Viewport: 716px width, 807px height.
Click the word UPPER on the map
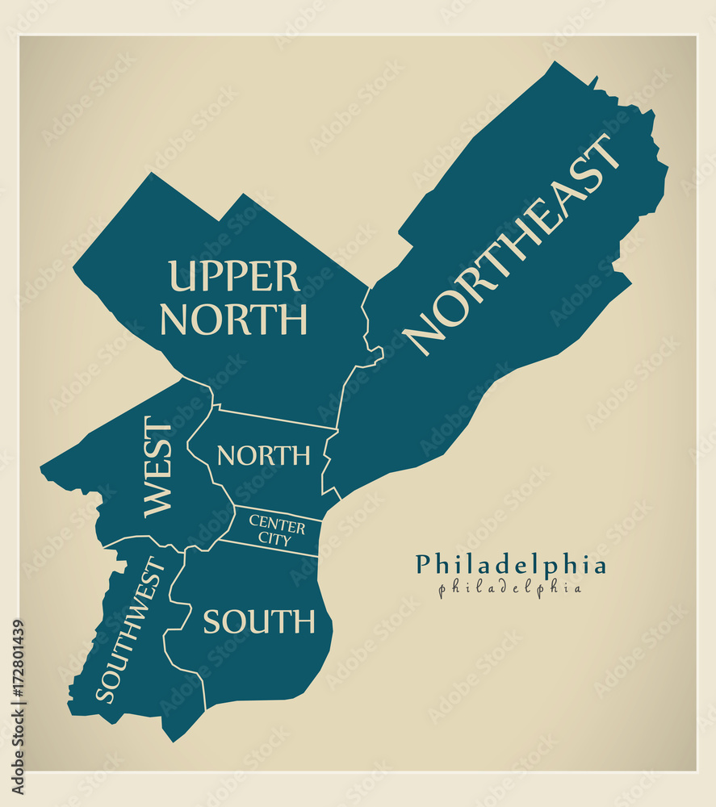click(233, 276)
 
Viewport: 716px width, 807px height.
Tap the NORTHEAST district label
click(511, 244)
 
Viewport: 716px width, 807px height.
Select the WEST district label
click(158, 467)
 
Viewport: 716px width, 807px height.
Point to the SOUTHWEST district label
click(130, 629)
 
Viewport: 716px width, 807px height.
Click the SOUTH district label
click(258, 621)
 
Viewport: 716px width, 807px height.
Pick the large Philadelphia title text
click(510, 565)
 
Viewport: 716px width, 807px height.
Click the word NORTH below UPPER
click(233, 320)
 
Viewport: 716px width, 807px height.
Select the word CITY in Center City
click(274, 540)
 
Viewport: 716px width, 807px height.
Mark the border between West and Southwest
click(137, 538)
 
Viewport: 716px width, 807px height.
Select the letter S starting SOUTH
click(211, 622)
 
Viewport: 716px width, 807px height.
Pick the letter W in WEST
click(158, 500)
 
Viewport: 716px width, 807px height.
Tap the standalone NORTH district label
click(263, 456)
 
